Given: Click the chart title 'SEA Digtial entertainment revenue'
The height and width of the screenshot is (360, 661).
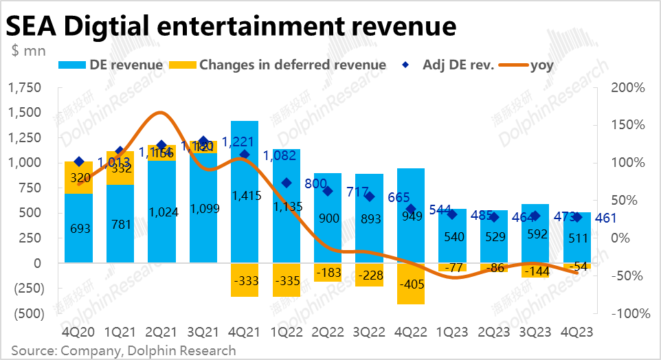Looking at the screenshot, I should pos(232,25).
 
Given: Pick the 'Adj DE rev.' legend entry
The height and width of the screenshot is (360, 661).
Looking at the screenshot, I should pos(447,65).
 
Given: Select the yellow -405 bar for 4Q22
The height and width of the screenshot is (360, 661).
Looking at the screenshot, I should pos(411,284).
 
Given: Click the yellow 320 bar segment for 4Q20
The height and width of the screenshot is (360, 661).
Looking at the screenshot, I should pos(78,178).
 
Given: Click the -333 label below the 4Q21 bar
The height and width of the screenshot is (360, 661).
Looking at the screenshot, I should pos(245,280).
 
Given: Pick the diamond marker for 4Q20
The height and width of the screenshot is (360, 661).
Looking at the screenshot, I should pos(78,161).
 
